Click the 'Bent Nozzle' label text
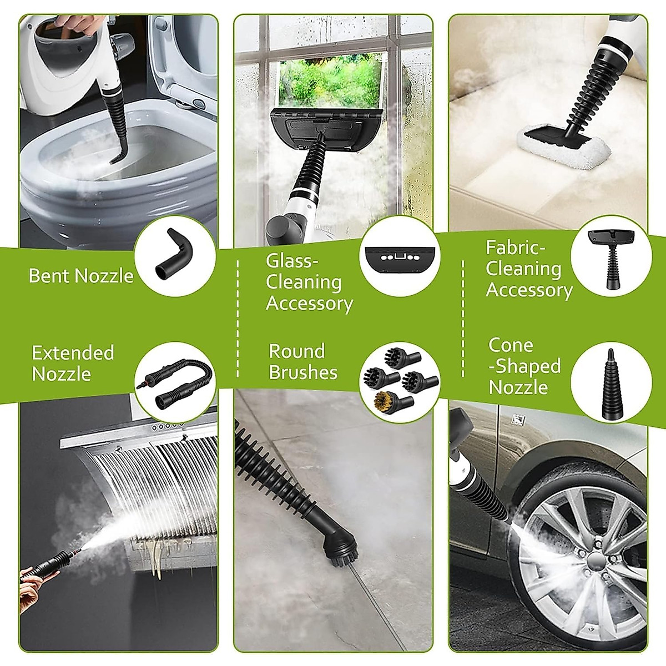(x=81, y=276)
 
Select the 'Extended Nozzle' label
(x=73, y=363)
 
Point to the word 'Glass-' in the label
(x=292, y=260)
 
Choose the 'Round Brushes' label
(x=303, y=361)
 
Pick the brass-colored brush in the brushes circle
(x=390, y=399)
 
